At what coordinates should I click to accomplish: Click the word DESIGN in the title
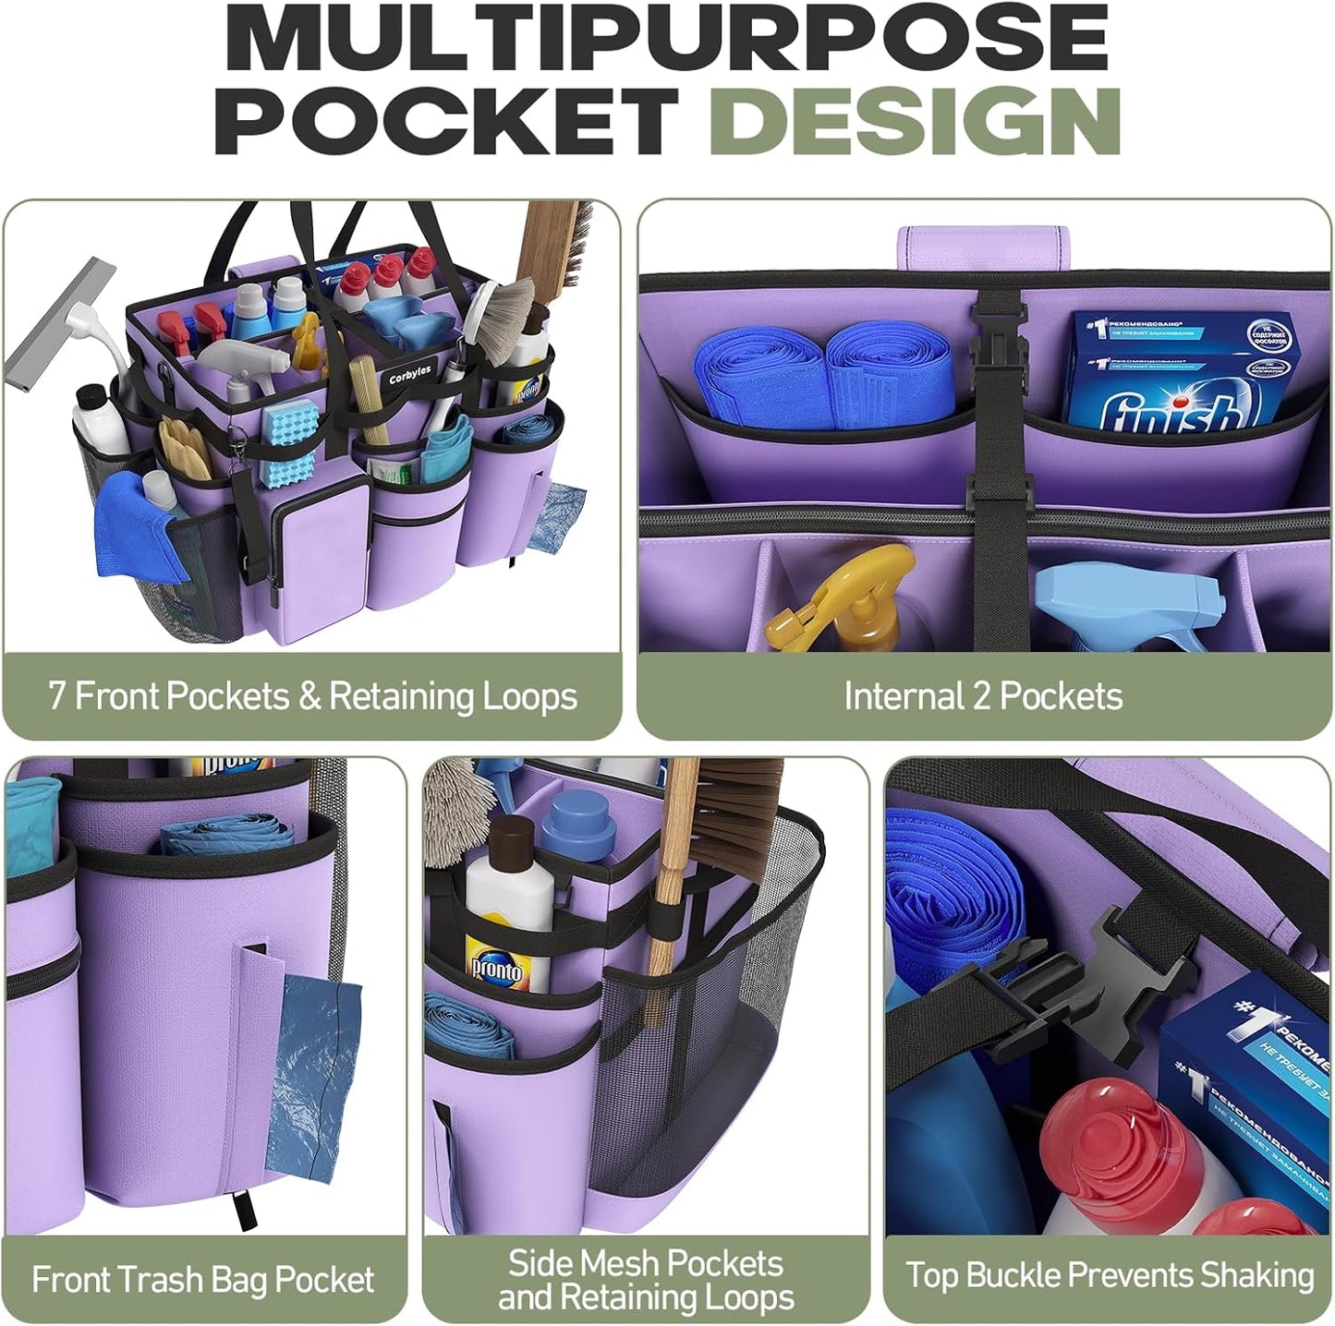[918, 121]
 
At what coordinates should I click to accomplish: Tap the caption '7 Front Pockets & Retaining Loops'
[312, 696]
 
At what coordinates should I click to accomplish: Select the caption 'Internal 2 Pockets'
[983, 696]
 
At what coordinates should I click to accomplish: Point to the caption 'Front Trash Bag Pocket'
[202, 1280]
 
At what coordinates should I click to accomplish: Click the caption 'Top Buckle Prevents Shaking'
[1110, 1275]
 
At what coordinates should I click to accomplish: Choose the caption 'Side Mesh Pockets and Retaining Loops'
[646, 1280]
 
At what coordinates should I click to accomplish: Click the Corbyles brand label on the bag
[409, 374]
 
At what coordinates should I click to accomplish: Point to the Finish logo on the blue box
[1170, 413]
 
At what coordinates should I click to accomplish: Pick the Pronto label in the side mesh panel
[496, 967]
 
